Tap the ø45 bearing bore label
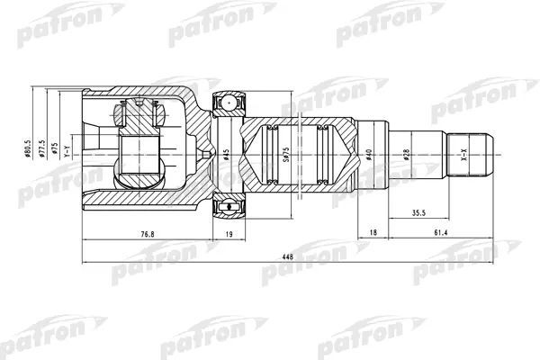tap(226, 156)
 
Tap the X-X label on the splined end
tap(463, 155)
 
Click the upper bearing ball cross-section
tap(229, 103)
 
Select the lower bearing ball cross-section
tap(229, 209)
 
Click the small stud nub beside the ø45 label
tap(210, 155)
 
